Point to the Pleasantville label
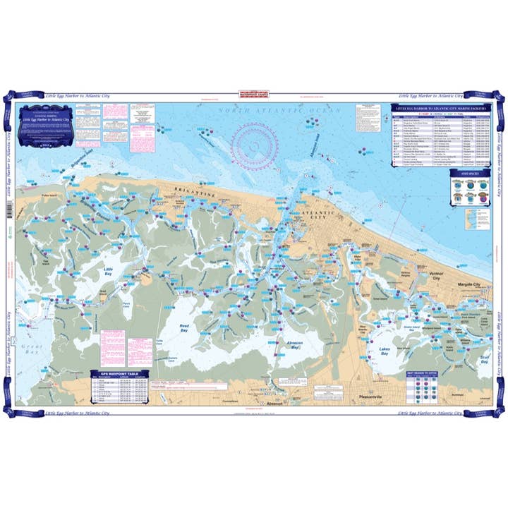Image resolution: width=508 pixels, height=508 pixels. (x=373, y=397)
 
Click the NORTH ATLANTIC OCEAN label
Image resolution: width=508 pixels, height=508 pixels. (x=279, y=111)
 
